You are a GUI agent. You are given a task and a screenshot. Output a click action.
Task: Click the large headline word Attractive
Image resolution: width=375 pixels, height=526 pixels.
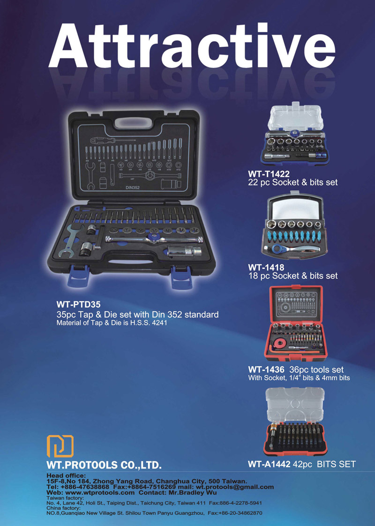click(192, 45)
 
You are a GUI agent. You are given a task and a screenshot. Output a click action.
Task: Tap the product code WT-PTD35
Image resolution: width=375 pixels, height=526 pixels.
click(78, 305)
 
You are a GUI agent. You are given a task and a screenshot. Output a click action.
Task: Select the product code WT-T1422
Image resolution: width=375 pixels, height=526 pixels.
click(269, 174)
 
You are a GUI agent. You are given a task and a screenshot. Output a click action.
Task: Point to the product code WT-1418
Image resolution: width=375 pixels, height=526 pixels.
click(266, 267)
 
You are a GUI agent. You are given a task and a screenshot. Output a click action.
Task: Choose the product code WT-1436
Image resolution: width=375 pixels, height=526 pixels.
click(266, 370)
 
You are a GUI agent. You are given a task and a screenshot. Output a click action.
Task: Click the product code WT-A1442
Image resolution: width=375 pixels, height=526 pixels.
click(269, 464)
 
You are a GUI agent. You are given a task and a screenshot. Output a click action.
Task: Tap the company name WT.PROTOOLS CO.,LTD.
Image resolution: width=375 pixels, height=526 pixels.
click(104, 465)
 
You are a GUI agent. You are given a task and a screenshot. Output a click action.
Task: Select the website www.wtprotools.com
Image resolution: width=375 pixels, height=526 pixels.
click(100, 492)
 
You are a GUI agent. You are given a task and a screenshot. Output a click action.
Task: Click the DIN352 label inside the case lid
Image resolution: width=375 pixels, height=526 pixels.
click(133, 188)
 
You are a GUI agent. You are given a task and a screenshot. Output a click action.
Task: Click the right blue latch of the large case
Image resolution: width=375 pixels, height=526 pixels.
click(181, 277)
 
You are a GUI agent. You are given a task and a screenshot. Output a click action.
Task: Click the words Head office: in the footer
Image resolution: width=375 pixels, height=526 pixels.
click(66, 475)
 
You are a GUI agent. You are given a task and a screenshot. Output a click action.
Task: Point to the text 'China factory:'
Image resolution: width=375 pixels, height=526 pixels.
click(63, 508)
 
